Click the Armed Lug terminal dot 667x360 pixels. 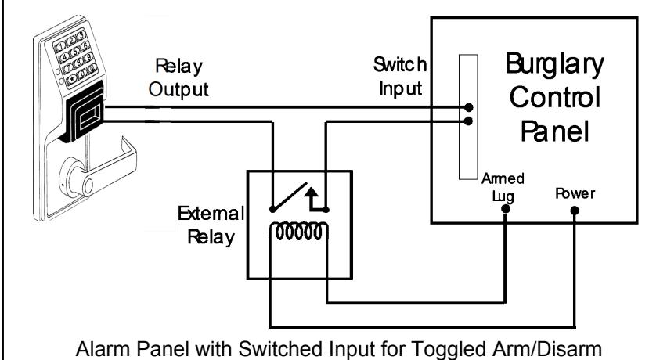point(505,209)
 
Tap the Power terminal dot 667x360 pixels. point(575,210)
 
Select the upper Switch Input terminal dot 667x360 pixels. point(468,107)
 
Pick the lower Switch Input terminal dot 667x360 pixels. point(468,121)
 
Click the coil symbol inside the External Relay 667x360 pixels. point(298,232)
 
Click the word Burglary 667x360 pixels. point(554,65)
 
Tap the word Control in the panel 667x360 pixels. point(555,97)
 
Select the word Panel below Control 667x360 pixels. point(555,131)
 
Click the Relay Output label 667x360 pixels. point(178,78)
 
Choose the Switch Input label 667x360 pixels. point(400,77)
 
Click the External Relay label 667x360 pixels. point(211,225)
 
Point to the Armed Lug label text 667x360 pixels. point(503,187)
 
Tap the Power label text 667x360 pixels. point(575,194)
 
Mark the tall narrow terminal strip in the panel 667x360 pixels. point(468,117)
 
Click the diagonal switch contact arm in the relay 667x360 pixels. point(289,196)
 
